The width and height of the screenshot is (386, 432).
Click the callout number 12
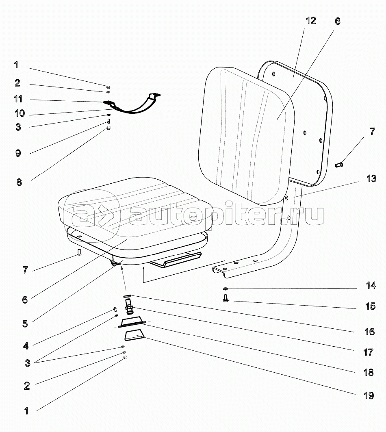tap(311, 21)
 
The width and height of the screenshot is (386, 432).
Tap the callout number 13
tap(371, 178)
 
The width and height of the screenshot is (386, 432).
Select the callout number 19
tap(369, 396)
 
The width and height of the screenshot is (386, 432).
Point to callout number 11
tap(18, 99)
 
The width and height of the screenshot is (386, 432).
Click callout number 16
tap(370, 332)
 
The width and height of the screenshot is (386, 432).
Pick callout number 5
tap(25, 323)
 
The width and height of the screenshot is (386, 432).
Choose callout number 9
tap(18, 153)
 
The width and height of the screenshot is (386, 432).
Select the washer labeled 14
tap(225, 289)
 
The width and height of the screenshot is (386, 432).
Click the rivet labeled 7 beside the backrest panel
tap(338, 165)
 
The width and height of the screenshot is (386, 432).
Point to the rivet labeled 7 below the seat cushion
tap(79, 252)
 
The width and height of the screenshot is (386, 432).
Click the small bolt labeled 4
tap(115, 309)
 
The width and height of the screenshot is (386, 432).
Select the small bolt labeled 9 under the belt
tap(108, 121)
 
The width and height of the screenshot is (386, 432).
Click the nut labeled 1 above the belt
tap(108, 87)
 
